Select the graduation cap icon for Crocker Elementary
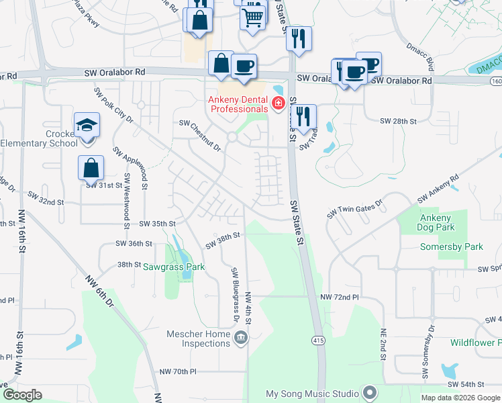[86, 125]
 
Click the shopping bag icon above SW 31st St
[91, 168]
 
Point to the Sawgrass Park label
[173, 267]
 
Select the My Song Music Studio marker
[368, 392]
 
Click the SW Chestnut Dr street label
[200, 130]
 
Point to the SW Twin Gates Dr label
[354, 208]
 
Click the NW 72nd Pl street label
[340, 297]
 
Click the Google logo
[22, 394]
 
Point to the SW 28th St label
[399, 121]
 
